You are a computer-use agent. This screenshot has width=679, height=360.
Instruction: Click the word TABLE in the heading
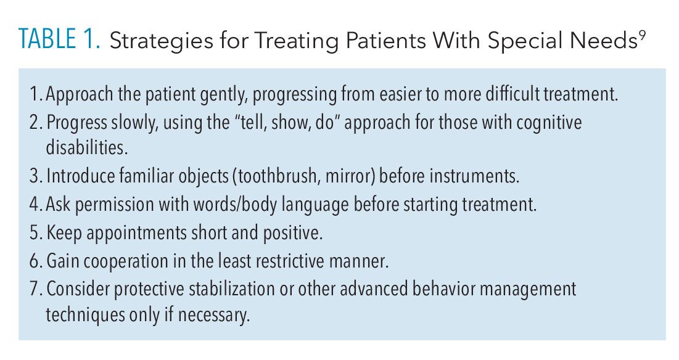47,39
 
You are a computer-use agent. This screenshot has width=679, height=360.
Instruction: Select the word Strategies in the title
161,41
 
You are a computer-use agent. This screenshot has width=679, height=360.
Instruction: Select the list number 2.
36,123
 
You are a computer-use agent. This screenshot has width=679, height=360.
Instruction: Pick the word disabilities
86,147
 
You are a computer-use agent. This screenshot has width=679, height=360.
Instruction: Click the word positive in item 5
292,234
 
